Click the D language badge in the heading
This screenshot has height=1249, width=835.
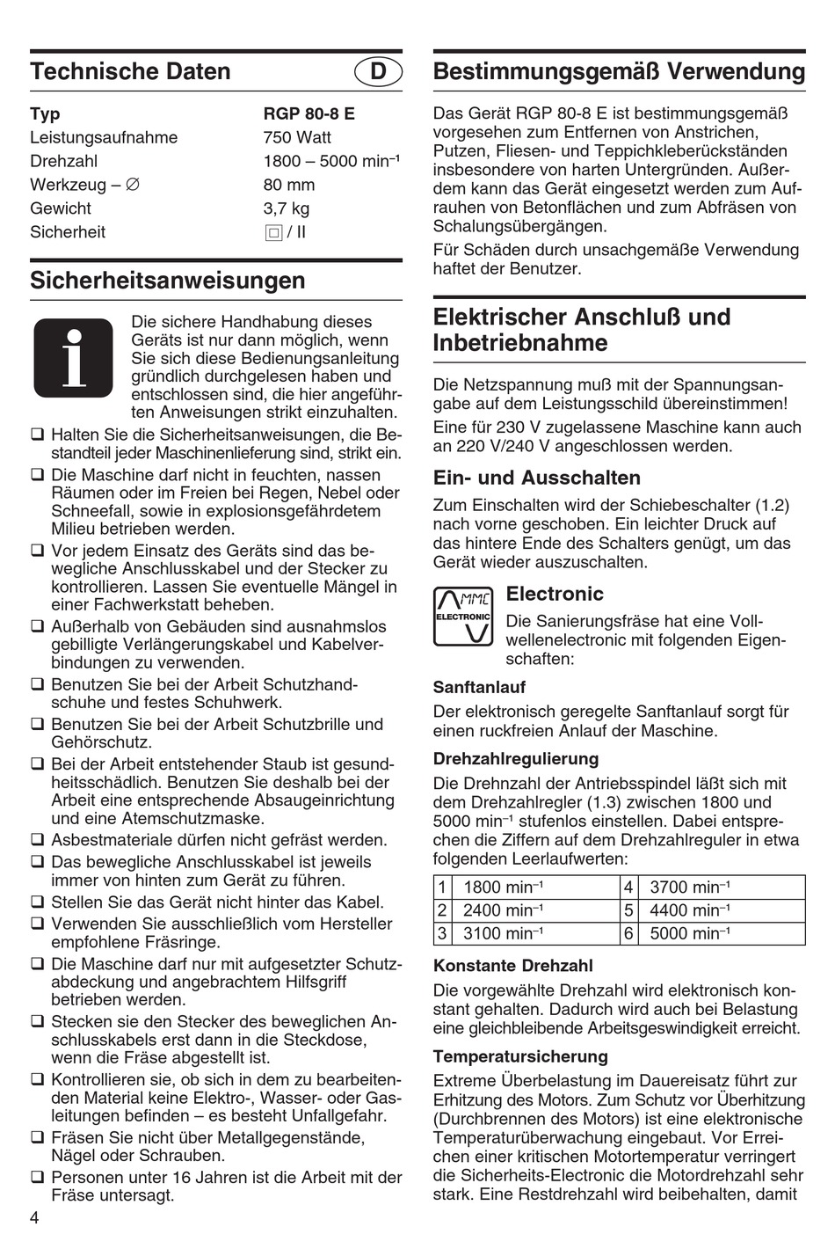pos(379,71)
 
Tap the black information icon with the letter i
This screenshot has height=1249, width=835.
pos(74,357)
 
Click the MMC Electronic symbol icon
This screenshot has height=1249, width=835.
pos(462,617)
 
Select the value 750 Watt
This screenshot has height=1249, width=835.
pos(297,137)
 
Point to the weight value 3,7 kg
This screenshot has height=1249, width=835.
pos(287,208)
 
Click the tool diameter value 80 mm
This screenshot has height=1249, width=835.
pos(288,185)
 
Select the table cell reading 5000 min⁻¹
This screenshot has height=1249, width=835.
pos(689,933)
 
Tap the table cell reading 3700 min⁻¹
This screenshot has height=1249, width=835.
pos(689,887)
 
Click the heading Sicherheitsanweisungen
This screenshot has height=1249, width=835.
pos(168,281)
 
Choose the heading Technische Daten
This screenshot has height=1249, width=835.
pos(130,71)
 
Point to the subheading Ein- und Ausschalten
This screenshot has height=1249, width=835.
pos(537,478)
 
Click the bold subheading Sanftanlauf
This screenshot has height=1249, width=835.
pos(479,687)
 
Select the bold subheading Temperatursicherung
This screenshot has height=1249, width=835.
pos(520,1056)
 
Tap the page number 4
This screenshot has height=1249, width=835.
pos(34,1217)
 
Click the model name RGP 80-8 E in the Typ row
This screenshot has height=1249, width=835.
pos(309,113)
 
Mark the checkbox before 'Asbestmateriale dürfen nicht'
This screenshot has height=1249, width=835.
pos(38,840)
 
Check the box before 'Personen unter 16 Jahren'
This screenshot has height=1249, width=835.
pos(38,1178)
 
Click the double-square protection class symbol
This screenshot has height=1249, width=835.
pos(272,233)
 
